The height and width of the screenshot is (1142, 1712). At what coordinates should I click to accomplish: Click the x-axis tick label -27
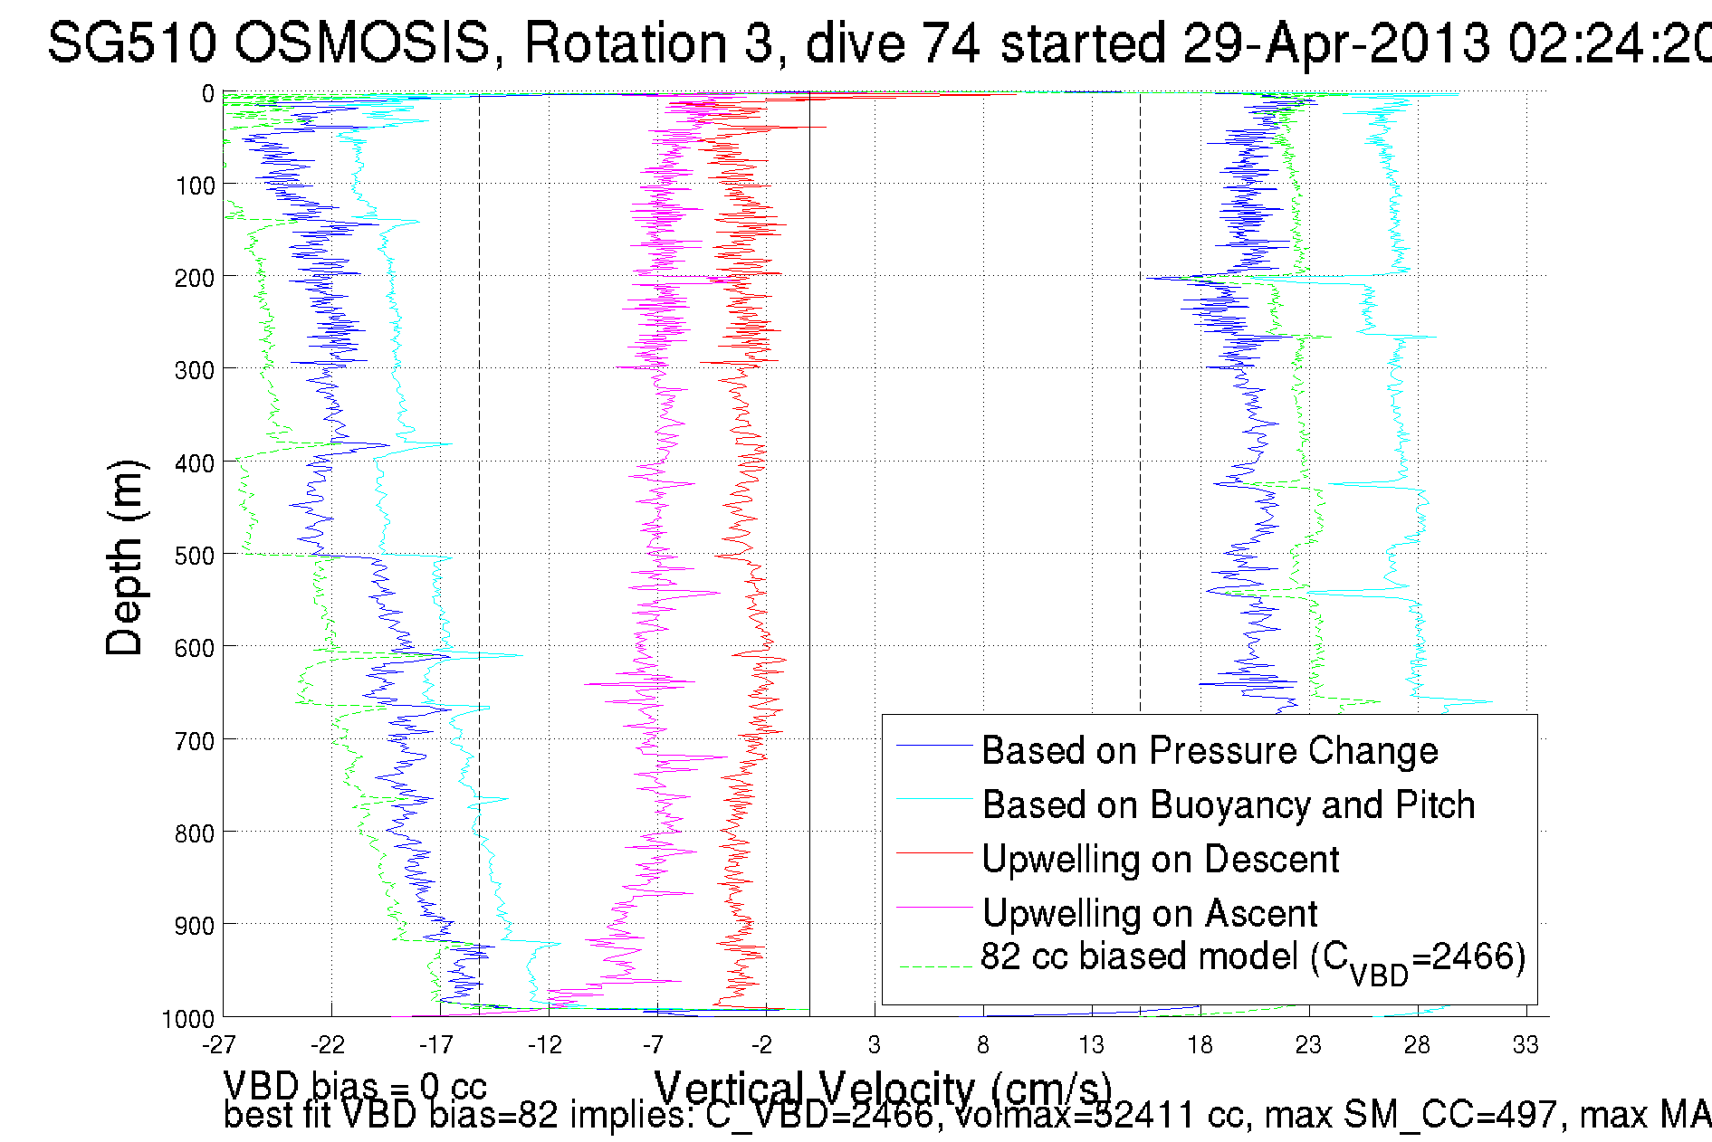(219, 1045)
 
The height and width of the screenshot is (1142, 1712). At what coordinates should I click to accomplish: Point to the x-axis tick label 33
(1525, 1045)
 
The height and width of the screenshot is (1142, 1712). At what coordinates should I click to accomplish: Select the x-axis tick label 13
(1091, 1045)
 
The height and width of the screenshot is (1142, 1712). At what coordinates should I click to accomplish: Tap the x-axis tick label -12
(545, 1045)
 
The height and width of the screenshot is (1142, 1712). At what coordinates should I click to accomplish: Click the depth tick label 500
(195, 556)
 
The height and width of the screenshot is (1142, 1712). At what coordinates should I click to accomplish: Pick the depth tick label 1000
(188, 1019)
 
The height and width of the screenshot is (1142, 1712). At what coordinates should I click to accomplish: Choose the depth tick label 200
(195, 279)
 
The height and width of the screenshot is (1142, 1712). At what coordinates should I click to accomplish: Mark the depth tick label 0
(208, 94)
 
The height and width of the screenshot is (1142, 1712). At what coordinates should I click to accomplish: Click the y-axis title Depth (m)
(125, 558)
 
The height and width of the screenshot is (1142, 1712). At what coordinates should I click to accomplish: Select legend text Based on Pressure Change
(1210, 751)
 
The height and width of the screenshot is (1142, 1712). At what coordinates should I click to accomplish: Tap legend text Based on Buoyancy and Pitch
(1229, 805)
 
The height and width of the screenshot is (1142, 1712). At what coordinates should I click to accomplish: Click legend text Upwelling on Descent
(1160, 860)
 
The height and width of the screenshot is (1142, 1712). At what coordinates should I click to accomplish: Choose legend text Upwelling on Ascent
(1150, 914)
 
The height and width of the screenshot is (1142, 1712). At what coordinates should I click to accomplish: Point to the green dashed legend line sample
(934, 967)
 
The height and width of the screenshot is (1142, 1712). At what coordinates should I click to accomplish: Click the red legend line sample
(934, 853)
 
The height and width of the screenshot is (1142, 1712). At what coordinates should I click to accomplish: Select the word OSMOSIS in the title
(362, 43)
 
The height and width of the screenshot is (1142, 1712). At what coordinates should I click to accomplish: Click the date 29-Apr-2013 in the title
(1336, 43)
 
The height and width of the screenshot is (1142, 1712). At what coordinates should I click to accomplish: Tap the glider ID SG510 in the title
(132, 43)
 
